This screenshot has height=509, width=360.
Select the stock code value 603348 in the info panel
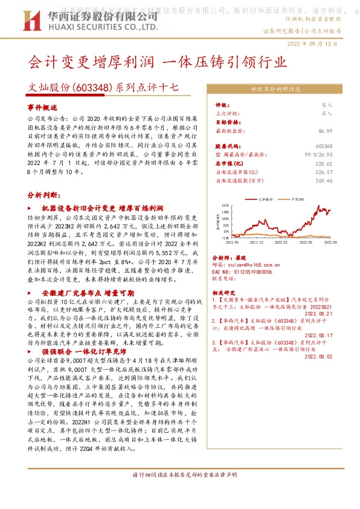[x=341, y=146]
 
